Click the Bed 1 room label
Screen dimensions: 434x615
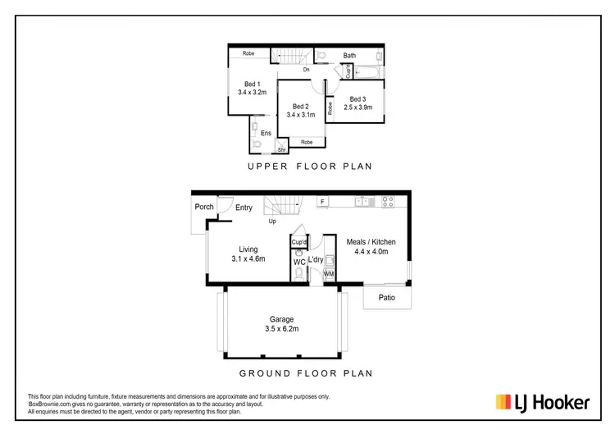pyautogui.click(x=252, y=84)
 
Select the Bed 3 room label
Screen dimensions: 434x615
pyautogui.click(x=358, y=98)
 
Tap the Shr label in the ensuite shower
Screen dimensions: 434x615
pyautogui.click(x=280, y=150)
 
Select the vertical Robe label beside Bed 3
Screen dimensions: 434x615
pyautogui.click(x=330, y=107)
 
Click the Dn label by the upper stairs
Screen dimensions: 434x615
pyautogui.click(x=306, y=70)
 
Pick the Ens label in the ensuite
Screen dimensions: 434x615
pyautogui.click(x=266, y=133)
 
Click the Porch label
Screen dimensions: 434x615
pyautogui.click(x=203, y=207)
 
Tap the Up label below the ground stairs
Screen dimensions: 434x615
pyautogui.click(x=271, y=222)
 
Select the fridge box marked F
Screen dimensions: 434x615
pyautogui.click(x=323, y=201)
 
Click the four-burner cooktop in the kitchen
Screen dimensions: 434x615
pyautogui.click(x=389, y=201)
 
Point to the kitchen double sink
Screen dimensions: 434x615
pyautogui.click(x=363, y=201)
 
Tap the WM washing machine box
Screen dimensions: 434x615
pyautogui.click(x=329, y=273)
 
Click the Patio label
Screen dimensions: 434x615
pyautogui.click(x=386, y=298)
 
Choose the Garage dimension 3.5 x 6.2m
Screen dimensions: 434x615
pyautogui.click(x=281, y=329)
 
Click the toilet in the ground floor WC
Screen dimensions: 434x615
pyautogui.click(x=298, y=276)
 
